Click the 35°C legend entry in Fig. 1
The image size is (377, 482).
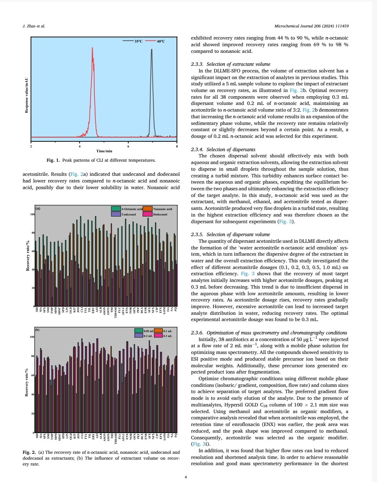tap(133, 41)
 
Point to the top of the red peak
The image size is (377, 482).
tap(92, 48)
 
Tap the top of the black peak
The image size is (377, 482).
tap(152, 50)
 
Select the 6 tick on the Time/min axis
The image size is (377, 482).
tap(128, 146)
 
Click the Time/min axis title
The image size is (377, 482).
tap(104, 150)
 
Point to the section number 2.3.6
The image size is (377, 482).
tap(197, 332)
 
